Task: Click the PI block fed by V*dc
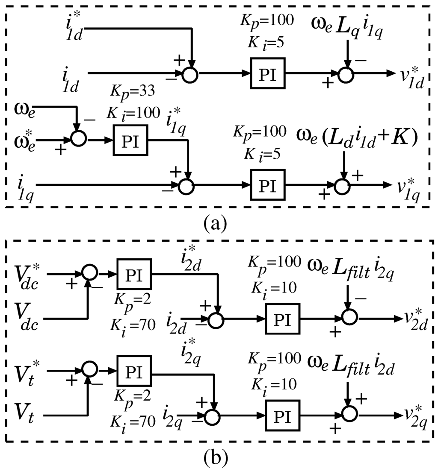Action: [x=135, y=273]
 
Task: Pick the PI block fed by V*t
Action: [x=135, y=372]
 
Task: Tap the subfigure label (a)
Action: [x=219, y=223]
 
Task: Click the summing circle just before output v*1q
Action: [x=342, y=186]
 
